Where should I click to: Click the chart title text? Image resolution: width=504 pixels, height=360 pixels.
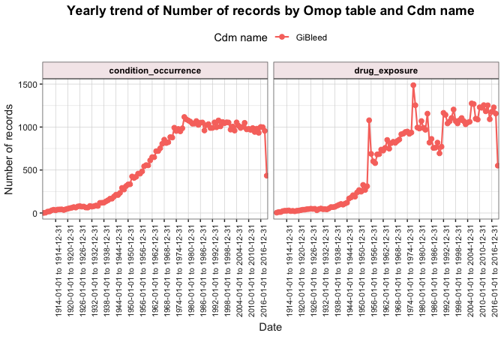coord(270,11)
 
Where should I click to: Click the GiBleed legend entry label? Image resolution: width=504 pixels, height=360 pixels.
coord(311,37)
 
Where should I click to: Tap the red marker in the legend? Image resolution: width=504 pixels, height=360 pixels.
coord(282,37)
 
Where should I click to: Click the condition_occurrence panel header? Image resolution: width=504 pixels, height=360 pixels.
coord(154,70)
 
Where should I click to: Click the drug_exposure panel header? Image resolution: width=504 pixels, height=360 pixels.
coord(385,70)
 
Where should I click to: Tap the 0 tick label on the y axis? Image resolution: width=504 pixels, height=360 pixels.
coord(34,213)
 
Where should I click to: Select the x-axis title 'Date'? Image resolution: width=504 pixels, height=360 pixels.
coord(270,327)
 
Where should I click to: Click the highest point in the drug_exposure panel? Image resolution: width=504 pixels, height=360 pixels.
coord(413,85)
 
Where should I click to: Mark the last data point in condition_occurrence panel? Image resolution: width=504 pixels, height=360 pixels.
coord(266,175)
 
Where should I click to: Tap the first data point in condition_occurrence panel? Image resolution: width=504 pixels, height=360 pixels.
coord(43,213)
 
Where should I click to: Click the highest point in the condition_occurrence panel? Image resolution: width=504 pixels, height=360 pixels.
coord(184,117)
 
